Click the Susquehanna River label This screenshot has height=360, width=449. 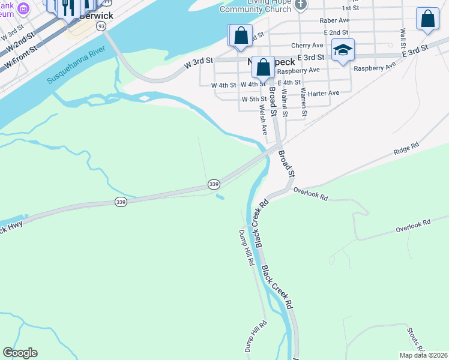tap(76, 63)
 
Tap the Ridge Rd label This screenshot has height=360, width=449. tap(406, 148)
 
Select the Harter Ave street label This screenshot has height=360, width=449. tap(325, 93)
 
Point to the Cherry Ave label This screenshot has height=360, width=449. tap(307, 45)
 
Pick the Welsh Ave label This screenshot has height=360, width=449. tap(262, 121)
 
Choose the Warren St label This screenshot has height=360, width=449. tap(304, 102)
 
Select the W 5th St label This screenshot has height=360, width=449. tap(254, 99)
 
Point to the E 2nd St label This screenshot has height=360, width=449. tap(336, 32)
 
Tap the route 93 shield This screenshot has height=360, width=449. tap(101, 26)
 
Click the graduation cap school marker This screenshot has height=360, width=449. tap(343, 50)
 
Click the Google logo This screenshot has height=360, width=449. tap(20, 353)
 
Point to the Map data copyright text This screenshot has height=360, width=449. tap(423, 355)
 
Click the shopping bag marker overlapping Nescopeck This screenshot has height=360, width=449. tap(263, 67)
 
